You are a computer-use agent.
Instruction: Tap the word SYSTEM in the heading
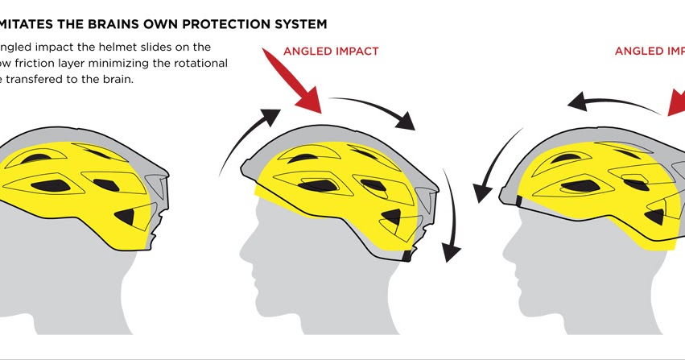click(x=293, y=24)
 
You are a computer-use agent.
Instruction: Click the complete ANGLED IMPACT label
click(x=331, y=51)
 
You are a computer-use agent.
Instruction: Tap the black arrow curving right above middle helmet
click(x=374, y=109)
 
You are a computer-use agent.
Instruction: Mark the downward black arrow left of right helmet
click(x=491, y=170)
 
